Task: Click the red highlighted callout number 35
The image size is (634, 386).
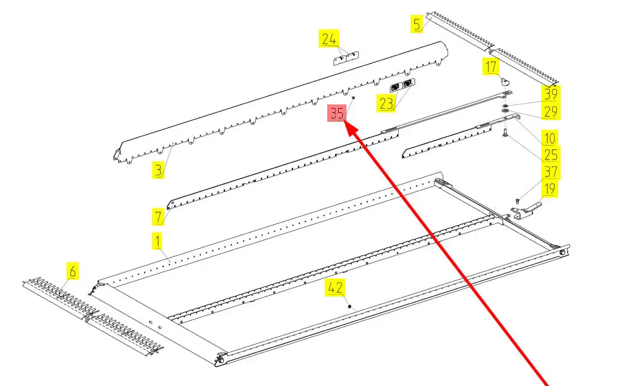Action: tap(336, 112)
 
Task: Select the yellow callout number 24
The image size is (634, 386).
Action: tap(328, 40)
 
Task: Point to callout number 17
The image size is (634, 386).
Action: tap(491, 66)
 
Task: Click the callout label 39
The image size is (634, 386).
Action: tap(551, 94)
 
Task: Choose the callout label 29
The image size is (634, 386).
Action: tap(551, 112)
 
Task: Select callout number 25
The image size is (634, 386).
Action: tap(550, 154)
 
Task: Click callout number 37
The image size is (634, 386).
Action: tap(550, 172)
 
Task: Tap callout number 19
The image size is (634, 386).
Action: tap(549, 190)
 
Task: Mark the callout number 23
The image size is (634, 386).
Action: tap(386, 104)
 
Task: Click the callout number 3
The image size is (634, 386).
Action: tap(158, 171)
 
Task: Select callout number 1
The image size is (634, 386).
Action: tap(157, 243)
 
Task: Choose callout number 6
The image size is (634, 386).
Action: tap(72, 272)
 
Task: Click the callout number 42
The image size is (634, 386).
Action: tap(335, 288)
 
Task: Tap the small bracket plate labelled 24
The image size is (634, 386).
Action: tap(346, 58)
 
